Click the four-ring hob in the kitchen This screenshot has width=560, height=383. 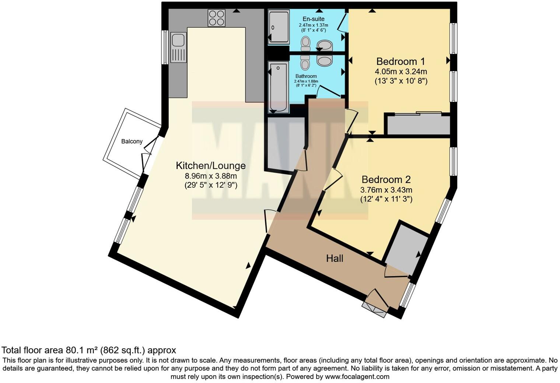(x=217, y=18)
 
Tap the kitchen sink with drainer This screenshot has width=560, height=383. (x=178, y=47)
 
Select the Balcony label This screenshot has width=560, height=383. (x=132, y=141)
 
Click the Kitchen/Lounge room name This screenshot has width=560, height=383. (x=210, y=166)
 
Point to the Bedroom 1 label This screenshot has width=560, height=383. (x=400, y=61)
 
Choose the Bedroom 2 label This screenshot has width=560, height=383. (x=386, y=180)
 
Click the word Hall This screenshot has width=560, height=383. (x=335, y=259)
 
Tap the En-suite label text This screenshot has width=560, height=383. (x=313, y=19)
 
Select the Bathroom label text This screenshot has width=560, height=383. (x=306, y=76)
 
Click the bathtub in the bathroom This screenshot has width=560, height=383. (x=279, y=88)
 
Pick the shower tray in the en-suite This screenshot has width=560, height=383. (x=279, y=27)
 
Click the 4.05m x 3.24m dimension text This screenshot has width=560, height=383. (x=401, y=71)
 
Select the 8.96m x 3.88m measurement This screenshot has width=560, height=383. (x=210, y=176)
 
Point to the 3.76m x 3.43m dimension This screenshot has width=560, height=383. (x=386, y=190)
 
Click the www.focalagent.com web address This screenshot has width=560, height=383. (x=357, y=377)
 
